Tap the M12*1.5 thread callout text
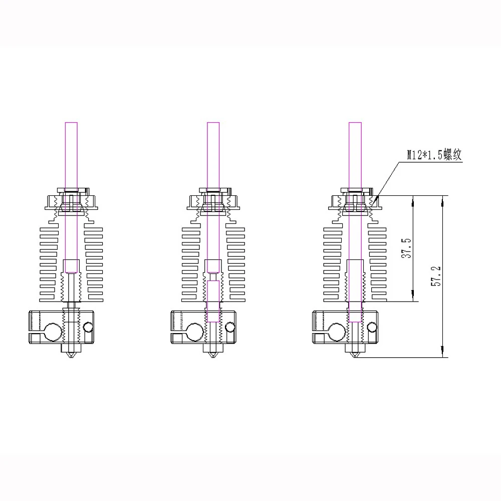point(433,155)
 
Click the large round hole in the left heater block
point(52,331)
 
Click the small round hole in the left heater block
point(89,327)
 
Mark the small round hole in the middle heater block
point(230,327)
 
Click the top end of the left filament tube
point(72,123)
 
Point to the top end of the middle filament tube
point(213,123)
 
